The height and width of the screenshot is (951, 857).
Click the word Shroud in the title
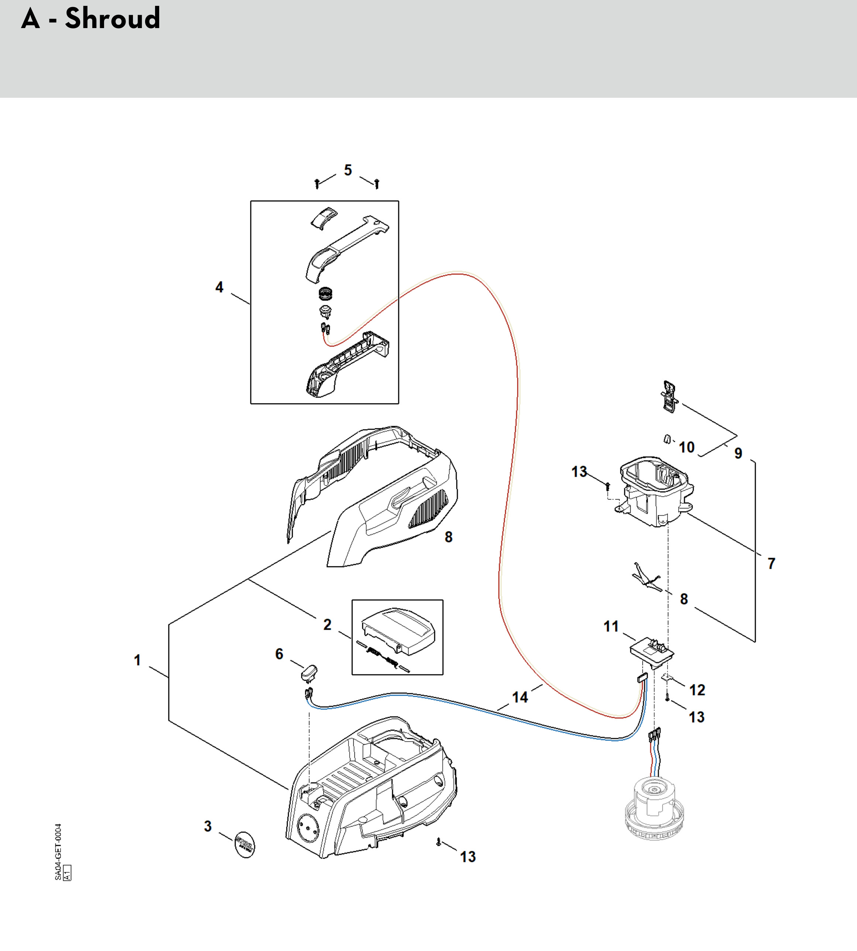(113, 19)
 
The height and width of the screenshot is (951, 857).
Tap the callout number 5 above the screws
(348, 170)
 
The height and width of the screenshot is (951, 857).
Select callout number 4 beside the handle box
(219, 287)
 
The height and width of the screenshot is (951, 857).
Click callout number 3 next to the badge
(208, 826)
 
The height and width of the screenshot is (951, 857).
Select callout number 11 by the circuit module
(611, 626)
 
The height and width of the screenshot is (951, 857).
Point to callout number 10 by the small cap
(686, 447)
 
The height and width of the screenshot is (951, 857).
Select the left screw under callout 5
(318, 183)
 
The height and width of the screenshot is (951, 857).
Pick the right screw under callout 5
(377, 183)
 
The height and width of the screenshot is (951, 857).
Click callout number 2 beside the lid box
(327, 625)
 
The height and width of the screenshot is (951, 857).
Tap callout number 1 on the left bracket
(137, 660)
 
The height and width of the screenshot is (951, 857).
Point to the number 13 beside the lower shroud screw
(467, 856)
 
